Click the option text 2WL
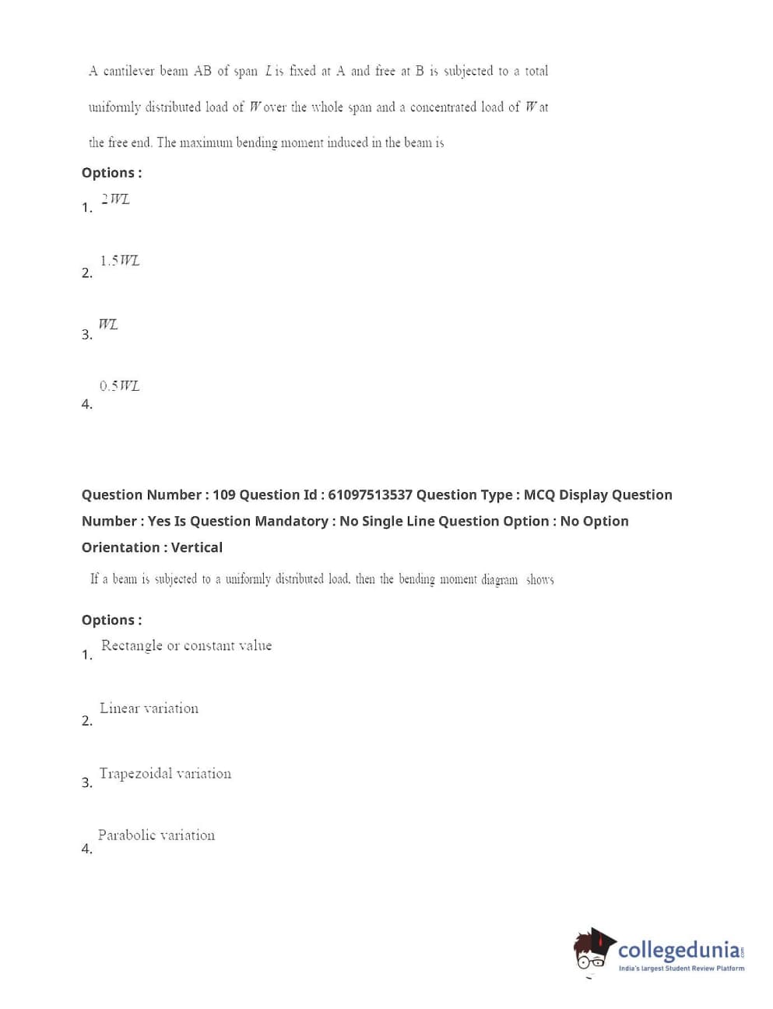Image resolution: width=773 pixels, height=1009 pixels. pos(115,199)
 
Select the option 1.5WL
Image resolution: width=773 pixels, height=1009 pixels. pos(119,261)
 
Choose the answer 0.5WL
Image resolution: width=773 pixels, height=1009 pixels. pos(119,385)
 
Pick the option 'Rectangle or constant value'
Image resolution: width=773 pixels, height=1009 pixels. pos(186,645)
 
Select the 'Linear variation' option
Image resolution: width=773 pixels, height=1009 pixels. pos(149,708)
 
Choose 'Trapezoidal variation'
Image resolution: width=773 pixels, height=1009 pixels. pos(165,773)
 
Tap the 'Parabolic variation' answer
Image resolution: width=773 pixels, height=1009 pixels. pos(156,835)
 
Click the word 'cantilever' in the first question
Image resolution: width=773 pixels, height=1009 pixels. pos(128,72)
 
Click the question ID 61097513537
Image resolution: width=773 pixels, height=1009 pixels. pos(370,495)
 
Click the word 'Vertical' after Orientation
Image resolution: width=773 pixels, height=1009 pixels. pos(196,548)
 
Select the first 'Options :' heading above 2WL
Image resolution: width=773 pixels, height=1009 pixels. pos(111,173)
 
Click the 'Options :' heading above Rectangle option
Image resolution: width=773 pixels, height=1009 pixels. pos(111,621)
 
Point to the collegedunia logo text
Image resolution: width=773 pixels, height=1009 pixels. pos(679,950)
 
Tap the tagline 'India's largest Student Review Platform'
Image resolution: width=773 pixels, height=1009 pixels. pos(681,969)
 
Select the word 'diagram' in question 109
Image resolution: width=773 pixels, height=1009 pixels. pos(499,579)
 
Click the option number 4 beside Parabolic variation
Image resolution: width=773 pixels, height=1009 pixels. pos(86,849)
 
